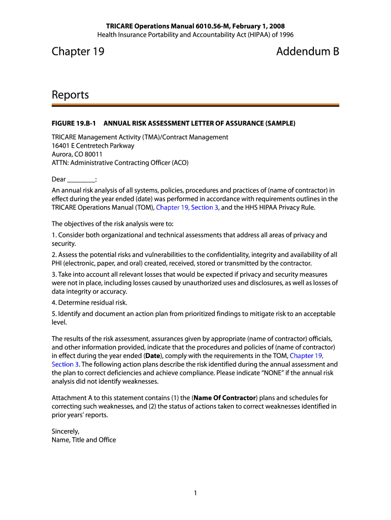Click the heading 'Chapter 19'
pos(78,51)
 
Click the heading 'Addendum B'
pos(307,51)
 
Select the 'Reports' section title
pos(70,95)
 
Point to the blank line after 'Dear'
pos(81,179)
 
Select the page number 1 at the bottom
pos(195,493)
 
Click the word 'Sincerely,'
pos(66,431)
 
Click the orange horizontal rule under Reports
pos(195,105)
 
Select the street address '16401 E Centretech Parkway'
pos(93,146)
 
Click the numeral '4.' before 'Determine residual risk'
pos(54,303)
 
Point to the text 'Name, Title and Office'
pos(84,440)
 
